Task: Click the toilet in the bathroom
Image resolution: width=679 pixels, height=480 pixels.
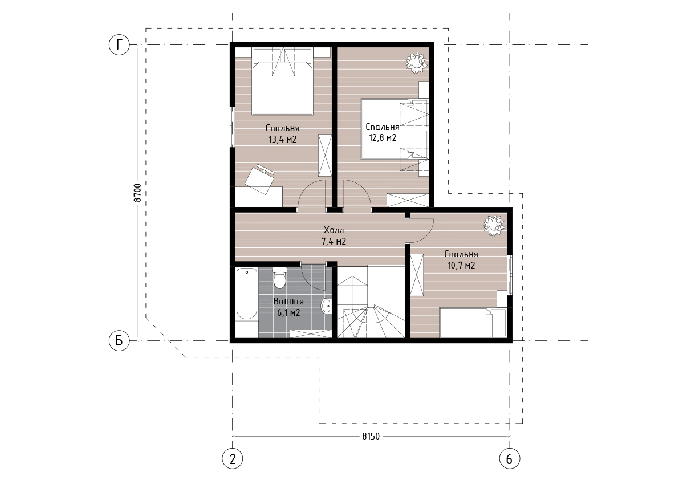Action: coord(280,277)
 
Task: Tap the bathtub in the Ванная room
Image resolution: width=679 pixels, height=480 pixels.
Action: coord(247,294)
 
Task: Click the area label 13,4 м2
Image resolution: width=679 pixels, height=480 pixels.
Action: coord(282,139)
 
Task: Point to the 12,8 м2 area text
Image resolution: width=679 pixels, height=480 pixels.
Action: coord(383,137)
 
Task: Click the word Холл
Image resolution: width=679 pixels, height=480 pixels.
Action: coord(334,230)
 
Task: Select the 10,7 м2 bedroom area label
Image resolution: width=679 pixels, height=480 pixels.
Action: coord(461,265)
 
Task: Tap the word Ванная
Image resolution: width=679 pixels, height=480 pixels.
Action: coord(288,301)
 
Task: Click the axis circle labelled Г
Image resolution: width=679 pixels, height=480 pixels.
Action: coord(119,44)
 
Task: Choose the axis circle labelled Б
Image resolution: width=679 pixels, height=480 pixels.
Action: coord(119,341)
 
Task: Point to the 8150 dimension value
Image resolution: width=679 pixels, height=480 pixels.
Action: coord(371,436)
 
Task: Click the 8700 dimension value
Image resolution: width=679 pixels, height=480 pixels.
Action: coord(137,193)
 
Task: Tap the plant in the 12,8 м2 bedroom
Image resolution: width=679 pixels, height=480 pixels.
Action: coord(417,62)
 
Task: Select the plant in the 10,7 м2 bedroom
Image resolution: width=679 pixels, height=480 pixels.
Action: coord(494,226)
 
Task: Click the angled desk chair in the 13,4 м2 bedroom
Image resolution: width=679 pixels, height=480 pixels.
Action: coord(260,178)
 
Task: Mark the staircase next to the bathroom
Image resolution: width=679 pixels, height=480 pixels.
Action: coord(371,302)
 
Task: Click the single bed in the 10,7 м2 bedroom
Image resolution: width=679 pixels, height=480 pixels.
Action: coord(473,323)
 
